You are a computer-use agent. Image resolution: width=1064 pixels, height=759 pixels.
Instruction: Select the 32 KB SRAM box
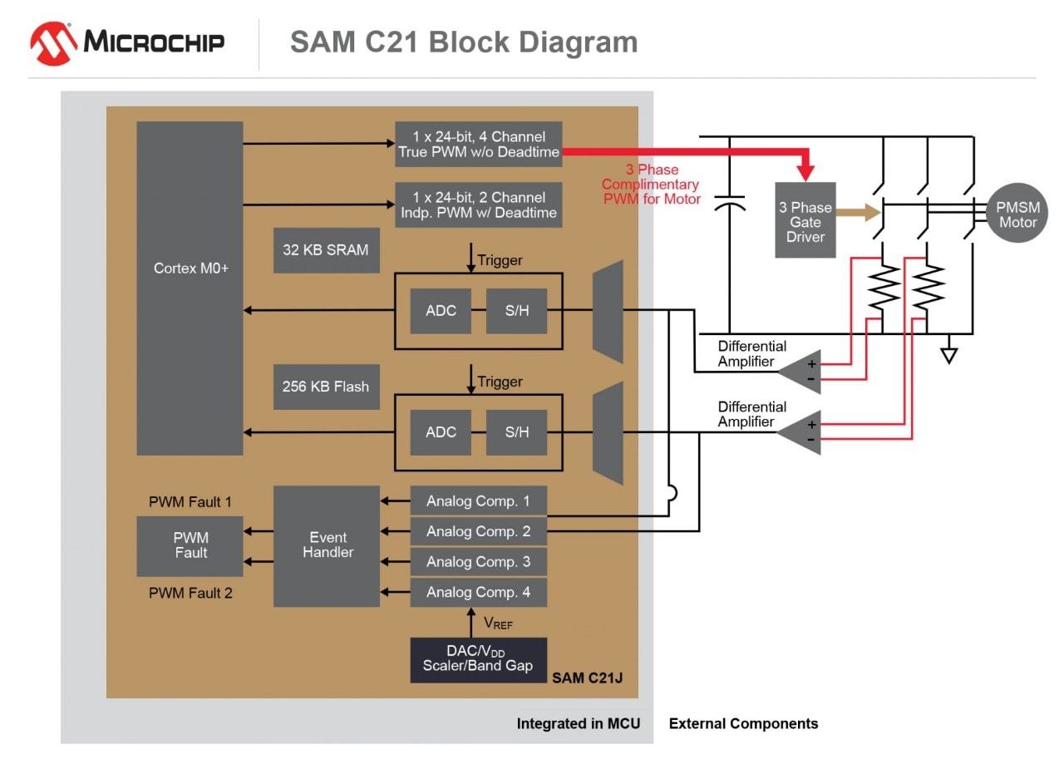(326, 249)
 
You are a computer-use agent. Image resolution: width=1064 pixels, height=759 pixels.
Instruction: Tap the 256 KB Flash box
(326, 387)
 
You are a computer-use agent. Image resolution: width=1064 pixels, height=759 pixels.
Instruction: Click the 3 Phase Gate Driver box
(805, 220)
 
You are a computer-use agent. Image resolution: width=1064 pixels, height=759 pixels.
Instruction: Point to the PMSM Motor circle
(1017, 214)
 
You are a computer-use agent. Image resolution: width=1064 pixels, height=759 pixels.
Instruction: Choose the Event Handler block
(327, 545)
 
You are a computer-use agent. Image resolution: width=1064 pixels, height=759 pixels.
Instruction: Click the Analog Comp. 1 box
(478, 501)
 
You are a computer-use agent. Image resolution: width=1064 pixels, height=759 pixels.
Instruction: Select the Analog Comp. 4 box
(478, 592)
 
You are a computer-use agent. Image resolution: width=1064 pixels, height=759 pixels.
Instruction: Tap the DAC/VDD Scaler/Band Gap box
(478, 660)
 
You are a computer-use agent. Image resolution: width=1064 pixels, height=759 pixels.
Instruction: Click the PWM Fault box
(190, 545)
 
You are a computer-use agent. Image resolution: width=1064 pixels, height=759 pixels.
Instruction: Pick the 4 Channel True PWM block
(478, 144)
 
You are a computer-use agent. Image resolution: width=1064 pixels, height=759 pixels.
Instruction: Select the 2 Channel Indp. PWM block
(478, 205)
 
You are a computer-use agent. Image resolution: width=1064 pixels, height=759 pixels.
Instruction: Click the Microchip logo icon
(54, 42)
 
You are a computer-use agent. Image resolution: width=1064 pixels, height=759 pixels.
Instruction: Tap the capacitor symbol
(729, 204)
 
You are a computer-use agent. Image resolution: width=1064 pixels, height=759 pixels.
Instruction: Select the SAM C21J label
(587, 678)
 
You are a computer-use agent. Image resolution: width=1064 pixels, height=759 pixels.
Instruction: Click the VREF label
(498, 623)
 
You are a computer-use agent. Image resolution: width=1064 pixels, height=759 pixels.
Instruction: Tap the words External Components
(743, 723)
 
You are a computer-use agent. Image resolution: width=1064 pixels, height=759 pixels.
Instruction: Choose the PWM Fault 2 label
(190, 593)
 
